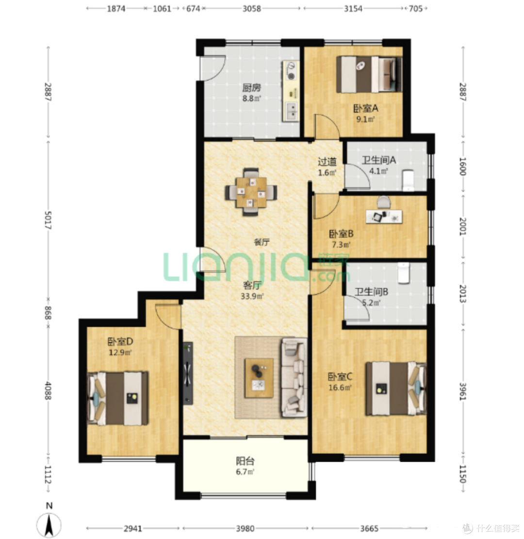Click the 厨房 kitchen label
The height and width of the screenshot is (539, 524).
point(252,88)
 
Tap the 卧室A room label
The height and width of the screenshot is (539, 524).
point(366,109)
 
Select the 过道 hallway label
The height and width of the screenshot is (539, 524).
point(327,162)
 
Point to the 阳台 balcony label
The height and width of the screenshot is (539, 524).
point(245,461)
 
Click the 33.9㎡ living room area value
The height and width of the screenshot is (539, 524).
point(252,296)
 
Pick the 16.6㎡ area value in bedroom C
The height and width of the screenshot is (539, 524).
point(340,388)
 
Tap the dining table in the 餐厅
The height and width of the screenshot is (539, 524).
point(251,192)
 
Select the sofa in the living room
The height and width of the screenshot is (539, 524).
point(294,377)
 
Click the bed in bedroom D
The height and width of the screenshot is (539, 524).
point(118,398)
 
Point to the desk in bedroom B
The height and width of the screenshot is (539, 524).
point(384,217)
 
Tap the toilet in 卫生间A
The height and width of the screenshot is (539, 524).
point(408,180)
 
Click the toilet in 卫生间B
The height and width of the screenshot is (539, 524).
point(404,273)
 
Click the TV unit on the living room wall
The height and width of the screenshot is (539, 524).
point(188,373)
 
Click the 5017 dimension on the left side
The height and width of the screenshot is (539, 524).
point(48,220)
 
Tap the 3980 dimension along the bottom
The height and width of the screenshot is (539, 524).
point(245,528)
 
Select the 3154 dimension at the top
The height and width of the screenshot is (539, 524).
point(353,9)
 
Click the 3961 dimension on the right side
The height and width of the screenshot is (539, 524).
point(463,391)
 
